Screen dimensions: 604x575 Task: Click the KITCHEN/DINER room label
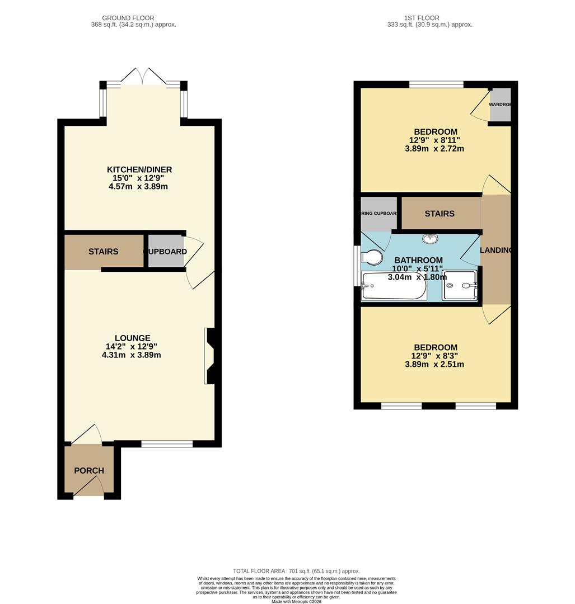tap(139, 169)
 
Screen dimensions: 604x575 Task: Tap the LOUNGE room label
tap(132, 338)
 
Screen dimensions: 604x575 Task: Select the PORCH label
tap(89, 470)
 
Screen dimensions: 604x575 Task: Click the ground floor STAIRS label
tap(104, 252)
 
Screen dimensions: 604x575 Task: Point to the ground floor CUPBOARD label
tap(165, 252)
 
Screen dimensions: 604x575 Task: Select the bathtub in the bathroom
tap(394, 286)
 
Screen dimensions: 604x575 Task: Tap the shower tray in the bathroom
tap(460, 286)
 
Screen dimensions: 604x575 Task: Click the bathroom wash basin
tap(430, 239)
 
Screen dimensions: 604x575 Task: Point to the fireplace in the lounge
tap(210, 356)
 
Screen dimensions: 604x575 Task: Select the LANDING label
tap(496, 250)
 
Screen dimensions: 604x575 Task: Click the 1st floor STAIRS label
tap(440, 214)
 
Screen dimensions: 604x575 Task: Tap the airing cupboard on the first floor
tap(378, 213)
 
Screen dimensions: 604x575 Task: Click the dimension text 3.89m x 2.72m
tap(434, 149)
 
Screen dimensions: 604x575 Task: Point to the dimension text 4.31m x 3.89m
tap(132, 355)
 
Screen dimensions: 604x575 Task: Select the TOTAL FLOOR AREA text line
tap(296, 571)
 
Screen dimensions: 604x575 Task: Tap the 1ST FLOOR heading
tap(420, 18)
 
